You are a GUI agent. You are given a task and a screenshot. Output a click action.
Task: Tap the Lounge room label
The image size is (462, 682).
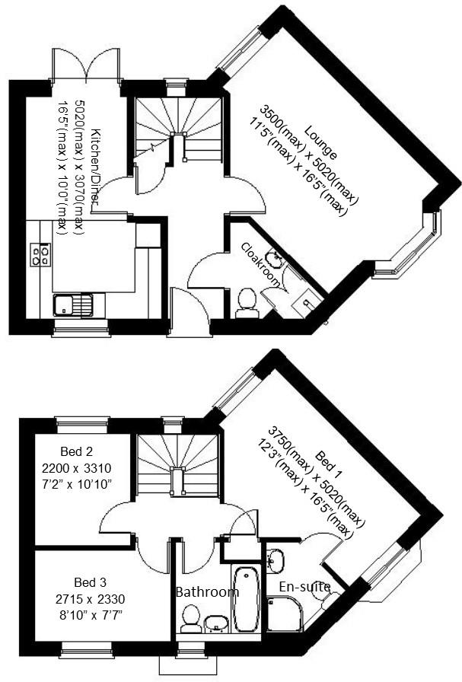click(320, 142)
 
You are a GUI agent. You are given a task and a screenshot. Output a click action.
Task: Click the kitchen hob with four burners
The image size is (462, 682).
click(40, 254)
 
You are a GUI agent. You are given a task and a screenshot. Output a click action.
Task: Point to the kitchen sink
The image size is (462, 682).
click(73, 305)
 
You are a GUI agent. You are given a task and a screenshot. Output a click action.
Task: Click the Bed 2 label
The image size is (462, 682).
click(77, 451)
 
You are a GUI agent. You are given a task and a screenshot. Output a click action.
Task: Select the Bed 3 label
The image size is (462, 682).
click(90, 582)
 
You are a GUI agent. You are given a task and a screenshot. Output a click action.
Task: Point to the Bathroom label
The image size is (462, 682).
click(207, 591)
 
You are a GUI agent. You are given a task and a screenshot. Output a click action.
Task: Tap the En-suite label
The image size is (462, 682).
click(304, 587)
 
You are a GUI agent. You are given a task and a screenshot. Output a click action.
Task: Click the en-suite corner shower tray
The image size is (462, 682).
click(285, 614)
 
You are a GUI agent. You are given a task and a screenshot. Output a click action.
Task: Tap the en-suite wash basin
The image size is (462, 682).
click(276, 560)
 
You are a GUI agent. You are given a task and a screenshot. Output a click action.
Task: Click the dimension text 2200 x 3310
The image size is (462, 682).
click(77, 468)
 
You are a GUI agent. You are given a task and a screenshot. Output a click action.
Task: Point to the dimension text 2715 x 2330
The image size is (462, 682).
click(90, 599)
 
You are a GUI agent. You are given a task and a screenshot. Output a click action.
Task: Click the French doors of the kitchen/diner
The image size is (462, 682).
click(85, 65)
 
